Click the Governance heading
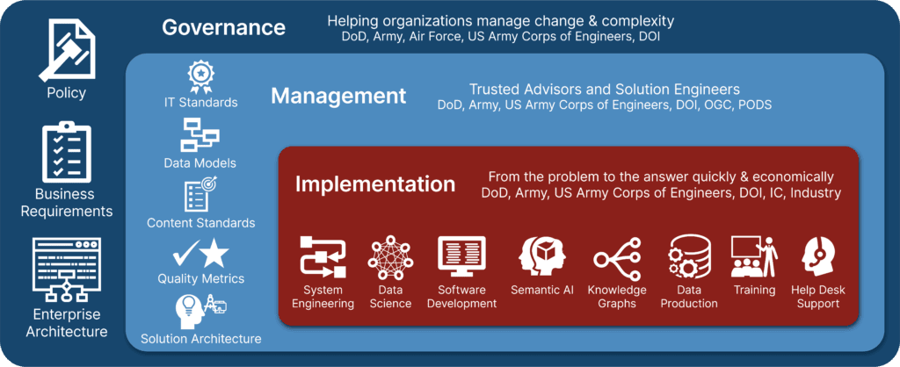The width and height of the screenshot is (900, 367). (x=223, y=27)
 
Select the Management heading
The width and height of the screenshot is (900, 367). (x=338, y=95)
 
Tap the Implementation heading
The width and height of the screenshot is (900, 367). (x=375, y=184)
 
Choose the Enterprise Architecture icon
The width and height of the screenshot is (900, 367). (x=66, y=269)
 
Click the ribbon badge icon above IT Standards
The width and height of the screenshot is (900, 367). (x=201, y=76)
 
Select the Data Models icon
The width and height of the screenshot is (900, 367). (x=200, y=136)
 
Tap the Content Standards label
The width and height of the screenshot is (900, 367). (x=201, y=223)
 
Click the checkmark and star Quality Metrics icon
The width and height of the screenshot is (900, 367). (x=200, y=255)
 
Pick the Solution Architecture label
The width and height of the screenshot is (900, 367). (x=201, y=339)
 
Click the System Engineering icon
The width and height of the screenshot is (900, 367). (x=323, y=256)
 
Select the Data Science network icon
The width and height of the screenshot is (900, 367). (x=390, y=256)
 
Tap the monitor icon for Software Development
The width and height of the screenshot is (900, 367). (x=461, y=255)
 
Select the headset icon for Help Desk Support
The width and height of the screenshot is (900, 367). (x=819, y=256)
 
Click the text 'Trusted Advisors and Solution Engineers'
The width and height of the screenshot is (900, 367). (x=604, y=90)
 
